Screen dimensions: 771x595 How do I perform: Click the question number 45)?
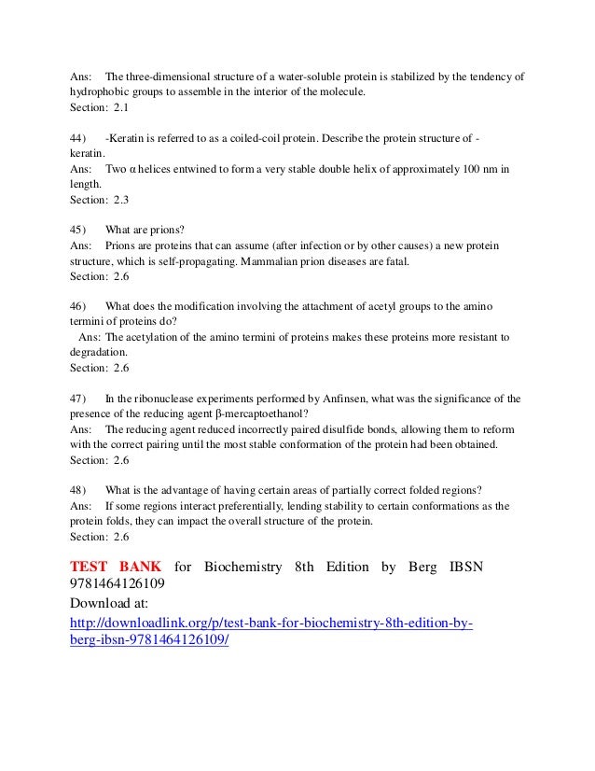[80, 229]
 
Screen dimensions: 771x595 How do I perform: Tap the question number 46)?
[80, 305]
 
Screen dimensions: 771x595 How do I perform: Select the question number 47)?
[80, 399]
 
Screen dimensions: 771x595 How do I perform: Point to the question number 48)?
[80, 490]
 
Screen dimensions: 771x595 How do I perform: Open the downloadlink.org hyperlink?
[271, 623]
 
